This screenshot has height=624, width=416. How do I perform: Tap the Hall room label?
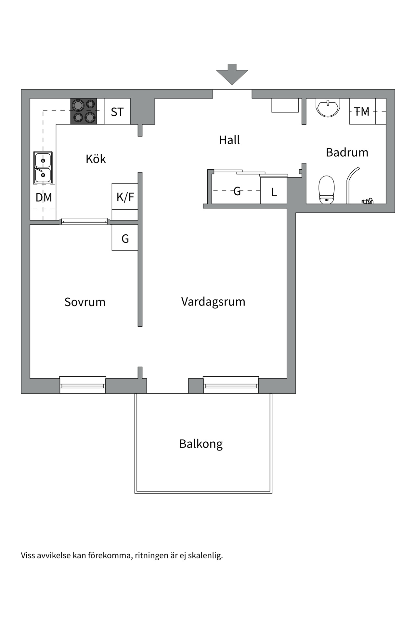point(229,140)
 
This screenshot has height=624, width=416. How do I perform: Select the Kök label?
point(96,159)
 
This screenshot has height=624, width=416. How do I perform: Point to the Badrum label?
point(347,152)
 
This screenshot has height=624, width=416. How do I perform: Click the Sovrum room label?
point(84,302)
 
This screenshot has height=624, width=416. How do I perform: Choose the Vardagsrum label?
point(213,302)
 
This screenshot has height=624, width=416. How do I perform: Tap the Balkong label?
point(201,444)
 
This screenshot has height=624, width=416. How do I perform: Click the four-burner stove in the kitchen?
point(84,111)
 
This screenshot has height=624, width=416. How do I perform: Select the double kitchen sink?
point(43,167)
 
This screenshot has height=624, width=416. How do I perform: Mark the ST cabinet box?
point(117,111)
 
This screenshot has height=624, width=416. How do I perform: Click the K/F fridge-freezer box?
point(125,197)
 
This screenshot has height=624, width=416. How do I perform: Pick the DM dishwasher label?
point(44,197)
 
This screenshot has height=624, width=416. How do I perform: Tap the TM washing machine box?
point(362,111)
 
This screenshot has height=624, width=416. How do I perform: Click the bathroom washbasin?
point(328,108)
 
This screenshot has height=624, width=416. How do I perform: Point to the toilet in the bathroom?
point(326,190)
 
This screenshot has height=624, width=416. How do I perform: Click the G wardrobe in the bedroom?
point(125,238)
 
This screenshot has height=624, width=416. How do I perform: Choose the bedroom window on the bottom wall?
point(83,385)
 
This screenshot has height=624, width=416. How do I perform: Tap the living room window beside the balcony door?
point(231,385)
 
